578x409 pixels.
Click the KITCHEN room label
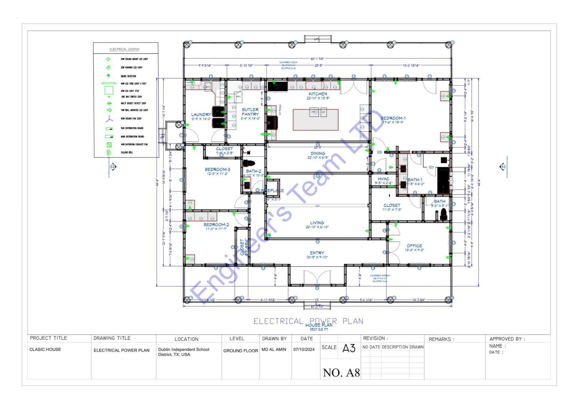(x=318, y=94)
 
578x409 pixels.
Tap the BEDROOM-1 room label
(x=393, y=118)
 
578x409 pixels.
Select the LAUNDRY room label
(x=201, y=115)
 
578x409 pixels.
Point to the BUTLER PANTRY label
(x=250, y=112)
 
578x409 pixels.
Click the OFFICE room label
(x=414, y=246)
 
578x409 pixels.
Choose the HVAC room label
(x=384, y=179)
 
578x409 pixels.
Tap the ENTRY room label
(x=317, y=253)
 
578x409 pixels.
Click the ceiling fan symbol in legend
(x=109, y=119)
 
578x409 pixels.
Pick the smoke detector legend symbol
(x=108, y=76)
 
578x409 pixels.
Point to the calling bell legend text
(x=127, y=152)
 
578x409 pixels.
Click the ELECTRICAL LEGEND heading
(x=124, y=49)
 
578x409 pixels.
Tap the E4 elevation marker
(x=503, y=167)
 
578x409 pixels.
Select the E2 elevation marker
(x=113, y=167)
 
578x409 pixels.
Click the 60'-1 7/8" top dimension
(x=317, y=59)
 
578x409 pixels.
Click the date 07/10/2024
(x=304, y=349)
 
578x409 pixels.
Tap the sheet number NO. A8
(x=341, y=373)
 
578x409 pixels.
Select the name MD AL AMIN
(x=274, y=349)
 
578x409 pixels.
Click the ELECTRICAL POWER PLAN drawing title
(x=308, y=321)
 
